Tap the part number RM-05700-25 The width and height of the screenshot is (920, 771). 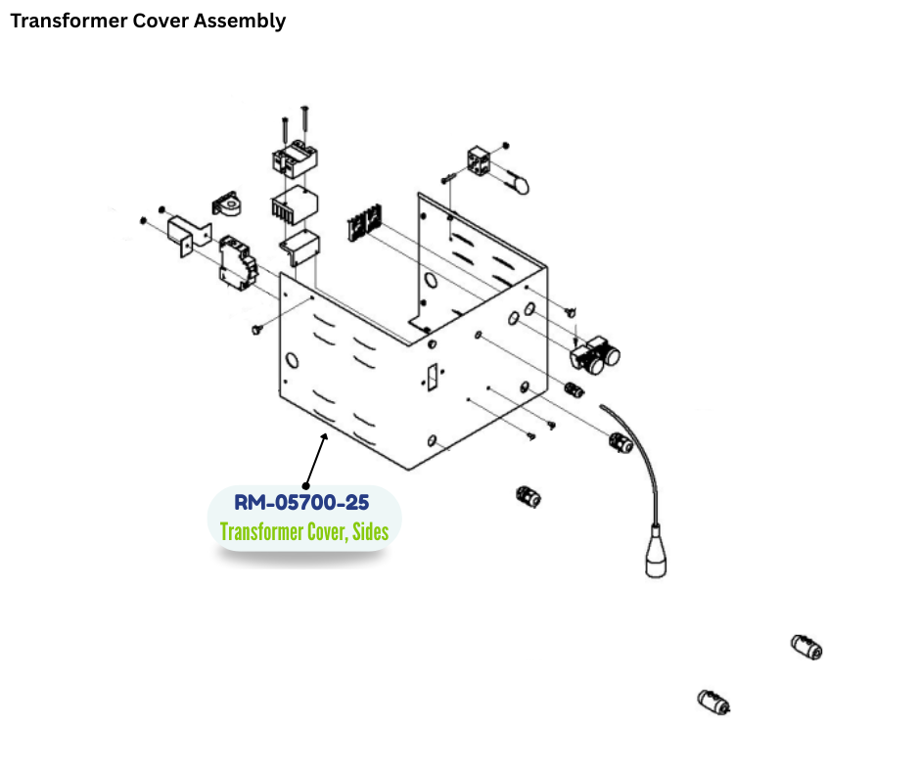coord(301,503)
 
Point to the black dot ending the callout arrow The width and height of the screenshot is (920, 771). coord(306,485)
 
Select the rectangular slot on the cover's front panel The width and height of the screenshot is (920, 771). coord(431,377)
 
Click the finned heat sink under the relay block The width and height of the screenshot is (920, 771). coord(294,207)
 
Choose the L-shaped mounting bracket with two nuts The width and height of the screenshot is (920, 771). coord(187,235)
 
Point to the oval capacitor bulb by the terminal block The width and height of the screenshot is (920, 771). coord(516,181)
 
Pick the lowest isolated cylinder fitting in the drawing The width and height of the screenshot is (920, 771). coord(713,702)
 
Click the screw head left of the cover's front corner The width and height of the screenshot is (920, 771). coord(257,330)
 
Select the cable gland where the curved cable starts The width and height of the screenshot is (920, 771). coord(619,443)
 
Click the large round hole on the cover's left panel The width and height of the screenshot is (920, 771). coord(289,360)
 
